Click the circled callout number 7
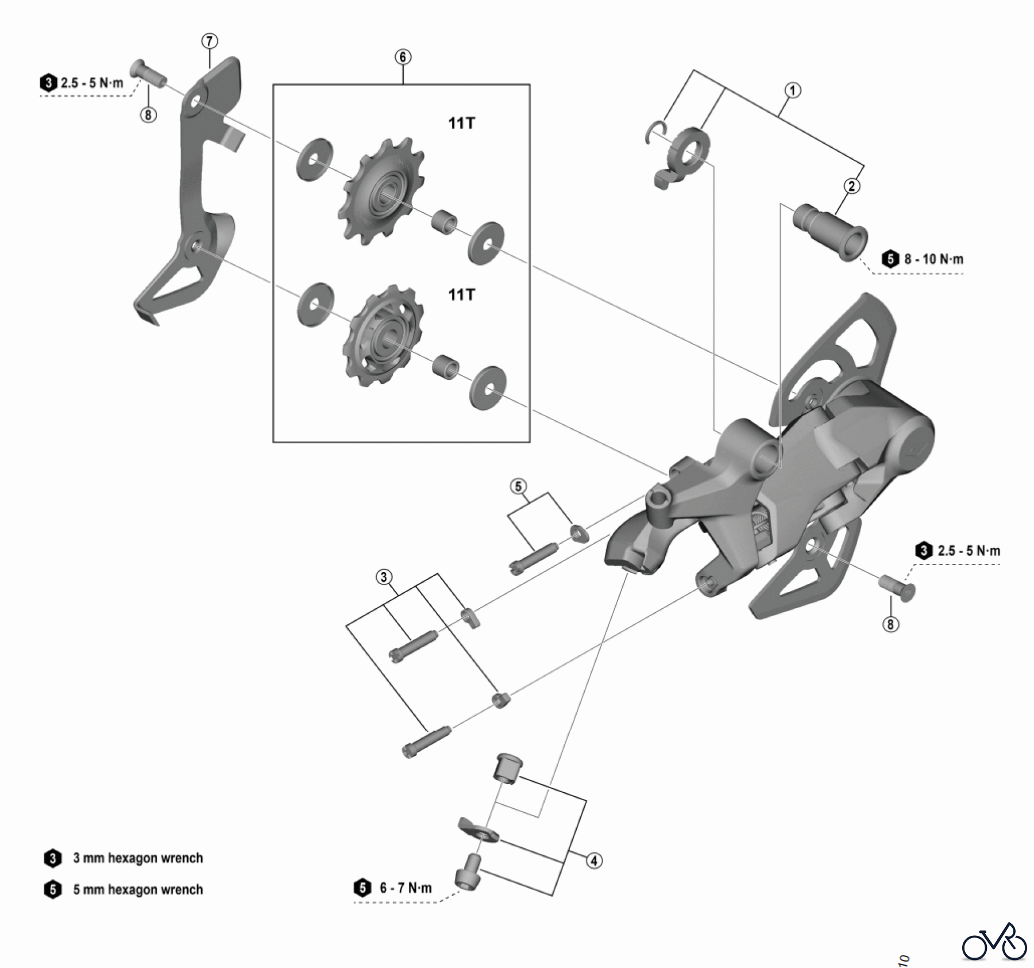[210, 41]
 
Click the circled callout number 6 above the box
[403, 57]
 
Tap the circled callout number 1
[793, 90]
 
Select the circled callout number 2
[851, 186]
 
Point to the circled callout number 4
[594, 861]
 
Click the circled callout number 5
[518, 486]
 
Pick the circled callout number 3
[384, 577]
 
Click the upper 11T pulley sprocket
[381, 191]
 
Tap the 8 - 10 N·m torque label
[933, 259]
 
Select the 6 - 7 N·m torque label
[404, 888]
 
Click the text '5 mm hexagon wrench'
[138, 890]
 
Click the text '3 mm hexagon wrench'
[138, 858]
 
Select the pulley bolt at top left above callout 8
[148, 73]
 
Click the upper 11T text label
[462, 123]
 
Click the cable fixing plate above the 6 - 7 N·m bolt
[478, 832]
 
